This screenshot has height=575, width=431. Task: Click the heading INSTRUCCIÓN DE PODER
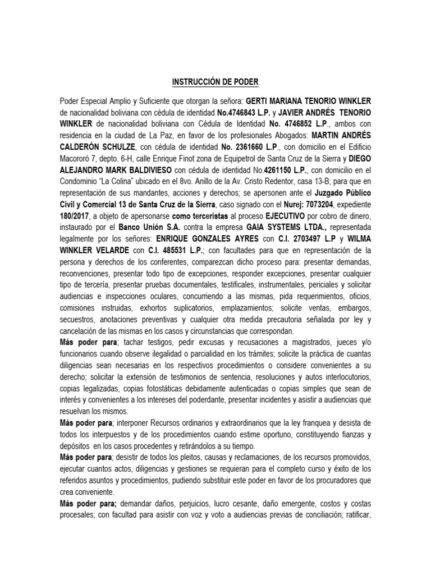tap(215, 82)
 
